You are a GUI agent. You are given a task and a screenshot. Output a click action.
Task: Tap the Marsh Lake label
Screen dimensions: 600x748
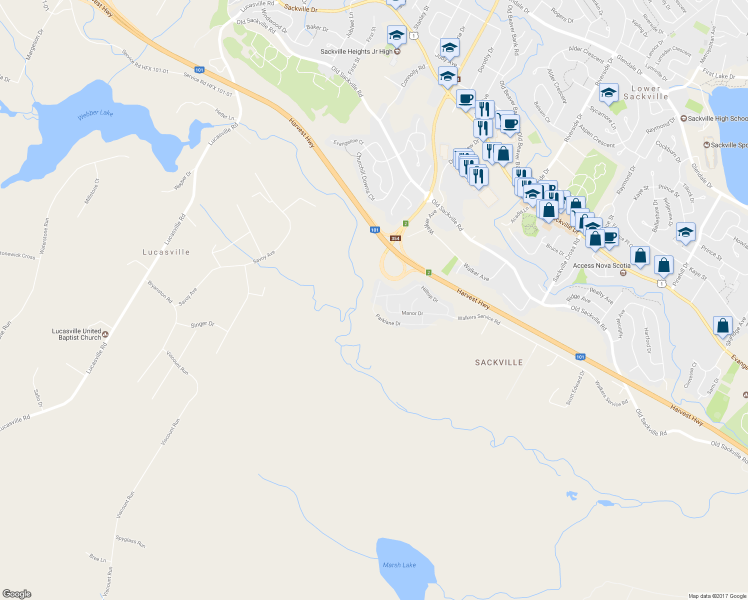tap(399, 565)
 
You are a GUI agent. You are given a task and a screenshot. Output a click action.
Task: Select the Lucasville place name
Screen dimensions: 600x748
tap(166, 252)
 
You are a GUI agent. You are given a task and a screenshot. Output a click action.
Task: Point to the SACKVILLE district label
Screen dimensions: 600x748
tap(498, 362)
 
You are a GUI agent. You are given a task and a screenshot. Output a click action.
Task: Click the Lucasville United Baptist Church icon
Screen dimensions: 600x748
tap(105, 334)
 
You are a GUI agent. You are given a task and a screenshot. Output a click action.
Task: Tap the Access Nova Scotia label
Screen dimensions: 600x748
tap(601, 265)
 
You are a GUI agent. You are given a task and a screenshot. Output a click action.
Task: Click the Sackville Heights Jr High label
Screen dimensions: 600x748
tap(356, 51)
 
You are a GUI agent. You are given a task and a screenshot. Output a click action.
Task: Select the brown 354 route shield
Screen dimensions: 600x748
tap(395, 238)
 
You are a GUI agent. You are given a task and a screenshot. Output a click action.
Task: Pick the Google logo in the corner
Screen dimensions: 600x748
tap(17, 593)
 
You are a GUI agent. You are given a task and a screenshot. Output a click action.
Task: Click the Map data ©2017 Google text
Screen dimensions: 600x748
tap(717, 596)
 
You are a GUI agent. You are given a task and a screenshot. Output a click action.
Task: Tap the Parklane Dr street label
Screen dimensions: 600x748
tap(388, 320)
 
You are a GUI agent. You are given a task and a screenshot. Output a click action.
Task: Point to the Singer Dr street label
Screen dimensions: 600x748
tap(202, 324)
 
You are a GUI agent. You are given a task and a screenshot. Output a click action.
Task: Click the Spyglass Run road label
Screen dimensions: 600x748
tap(130, 541)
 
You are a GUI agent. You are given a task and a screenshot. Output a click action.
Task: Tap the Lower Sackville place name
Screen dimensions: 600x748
tap(645, 92)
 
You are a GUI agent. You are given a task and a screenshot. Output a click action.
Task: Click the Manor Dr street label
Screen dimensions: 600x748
tap(412, 313)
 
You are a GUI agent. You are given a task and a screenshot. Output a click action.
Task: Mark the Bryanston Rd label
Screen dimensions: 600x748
tap(160, 292)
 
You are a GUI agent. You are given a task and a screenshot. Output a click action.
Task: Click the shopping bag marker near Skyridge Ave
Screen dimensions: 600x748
tap(722, 326)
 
